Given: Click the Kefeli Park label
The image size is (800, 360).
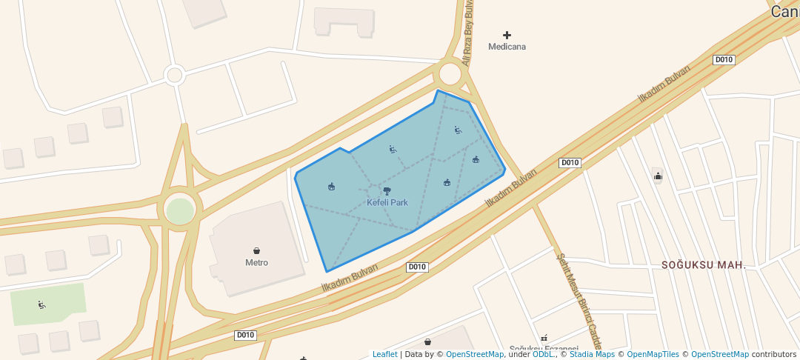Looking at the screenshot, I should click(x=387, y=202).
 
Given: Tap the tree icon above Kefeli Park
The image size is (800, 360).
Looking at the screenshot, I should click(x=387, y=191).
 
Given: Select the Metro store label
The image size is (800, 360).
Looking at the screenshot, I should click(x=256, y=262).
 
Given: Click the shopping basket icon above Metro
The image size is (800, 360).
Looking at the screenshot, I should click(x=256, y=251).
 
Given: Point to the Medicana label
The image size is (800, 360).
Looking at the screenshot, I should click(x=507, y=47).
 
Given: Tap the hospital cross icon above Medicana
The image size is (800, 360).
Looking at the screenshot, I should click(x=507, y=35).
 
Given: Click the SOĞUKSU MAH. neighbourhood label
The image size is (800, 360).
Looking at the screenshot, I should click(x=703, y=264).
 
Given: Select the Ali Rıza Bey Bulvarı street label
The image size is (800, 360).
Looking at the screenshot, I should click(x=467, y=33).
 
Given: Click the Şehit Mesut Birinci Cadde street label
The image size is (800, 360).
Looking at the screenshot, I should click(x=579, y=300).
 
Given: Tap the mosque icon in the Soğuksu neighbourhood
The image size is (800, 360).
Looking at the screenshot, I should click(x=658, y=176).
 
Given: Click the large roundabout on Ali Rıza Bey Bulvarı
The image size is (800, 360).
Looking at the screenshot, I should click(x=450, y=74).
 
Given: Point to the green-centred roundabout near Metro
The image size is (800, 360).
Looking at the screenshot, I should click(x=179, y=210).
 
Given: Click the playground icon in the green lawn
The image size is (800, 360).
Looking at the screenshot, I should click(x=41, y=304).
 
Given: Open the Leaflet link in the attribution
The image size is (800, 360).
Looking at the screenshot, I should click(x=384, y=354).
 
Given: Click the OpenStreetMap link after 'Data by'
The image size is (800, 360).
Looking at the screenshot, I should click(x=475, y=354).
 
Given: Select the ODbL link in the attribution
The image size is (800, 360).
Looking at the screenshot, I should click(x=543, y=354).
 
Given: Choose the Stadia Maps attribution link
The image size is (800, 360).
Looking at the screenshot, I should click(x=592, y=354).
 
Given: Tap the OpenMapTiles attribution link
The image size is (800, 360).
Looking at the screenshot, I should click(x=653, y=354).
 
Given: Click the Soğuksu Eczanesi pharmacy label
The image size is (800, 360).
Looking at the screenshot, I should click(x=544, y=349).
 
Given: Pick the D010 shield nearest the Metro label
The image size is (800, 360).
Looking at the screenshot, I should click(x=417, y=267).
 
